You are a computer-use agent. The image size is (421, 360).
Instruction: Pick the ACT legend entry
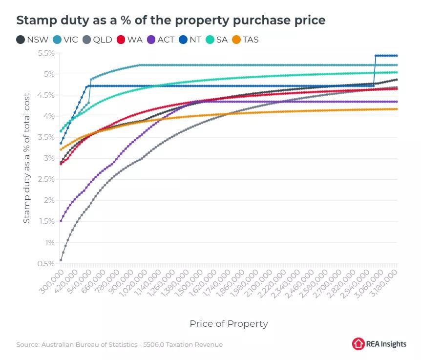click(161, 40)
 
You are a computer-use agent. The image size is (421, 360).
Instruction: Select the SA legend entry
click(218, 40)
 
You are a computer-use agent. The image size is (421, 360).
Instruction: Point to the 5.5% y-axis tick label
click(45, 53)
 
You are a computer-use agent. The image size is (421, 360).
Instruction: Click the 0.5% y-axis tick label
click(45, 264)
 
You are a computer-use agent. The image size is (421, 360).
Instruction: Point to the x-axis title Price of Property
click(229, 323)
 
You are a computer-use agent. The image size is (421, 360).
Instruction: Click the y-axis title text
click(27, 158)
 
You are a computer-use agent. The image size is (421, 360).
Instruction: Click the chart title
click(171, 21)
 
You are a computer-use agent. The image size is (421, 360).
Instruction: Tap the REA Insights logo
click(379, 344)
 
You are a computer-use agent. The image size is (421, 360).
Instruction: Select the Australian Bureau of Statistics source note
click(119, 344)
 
